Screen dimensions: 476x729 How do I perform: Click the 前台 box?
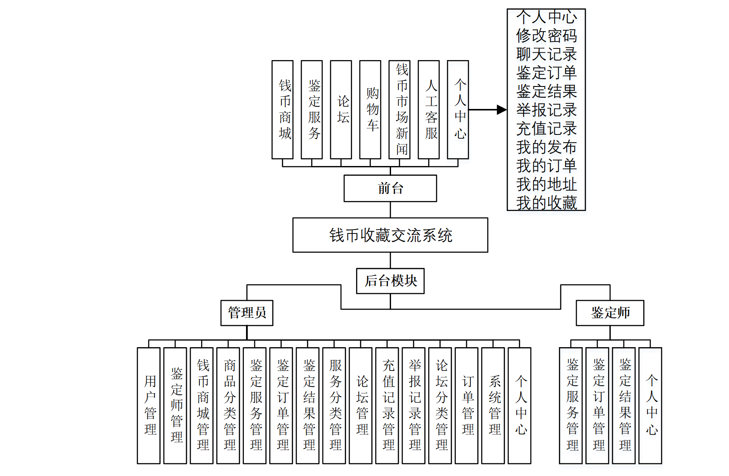[390, 188]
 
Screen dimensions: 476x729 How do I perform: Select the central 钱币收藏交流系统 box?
[390, 235]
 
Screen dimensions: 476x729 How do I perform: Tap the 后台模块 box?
[390, 281]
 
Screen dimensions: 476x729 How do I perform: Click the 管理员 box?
[247, 313]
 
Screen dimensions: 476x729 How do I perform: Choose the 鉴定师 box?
[610, 313]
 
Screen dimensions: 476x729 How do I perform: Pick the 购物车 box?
[370, 110]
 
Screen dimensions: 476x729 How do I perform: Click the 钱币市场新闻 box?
[400, 110]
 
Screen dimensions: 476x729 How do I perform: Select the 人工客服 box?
[429, 110]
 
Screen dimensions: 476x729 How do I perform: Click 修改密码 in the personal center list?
[546, 35]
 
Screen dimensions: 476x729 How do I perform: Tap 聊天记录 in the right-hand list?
[546, 54]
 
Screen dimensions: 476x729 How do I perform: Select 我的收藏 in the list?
[546, 203]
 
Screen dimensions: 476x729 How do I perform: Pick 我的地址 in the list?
[546, 184]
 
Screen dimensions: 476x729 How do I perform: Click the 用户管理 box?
[149, 406]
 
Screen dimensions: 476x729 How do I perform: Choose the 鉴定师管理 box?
[175, 406]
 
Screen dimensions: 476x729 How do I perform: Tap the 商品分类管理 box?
[228, 406]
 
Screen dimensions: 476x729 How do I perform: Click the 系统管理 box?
[493, 406]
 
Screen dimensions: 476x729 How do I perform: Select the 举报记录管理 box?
[413, 406]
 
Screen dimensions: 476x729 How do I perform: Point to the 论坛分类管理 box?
[440, 406]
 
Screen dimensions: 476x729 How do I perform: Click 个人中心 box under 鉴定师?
[650, 406]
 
